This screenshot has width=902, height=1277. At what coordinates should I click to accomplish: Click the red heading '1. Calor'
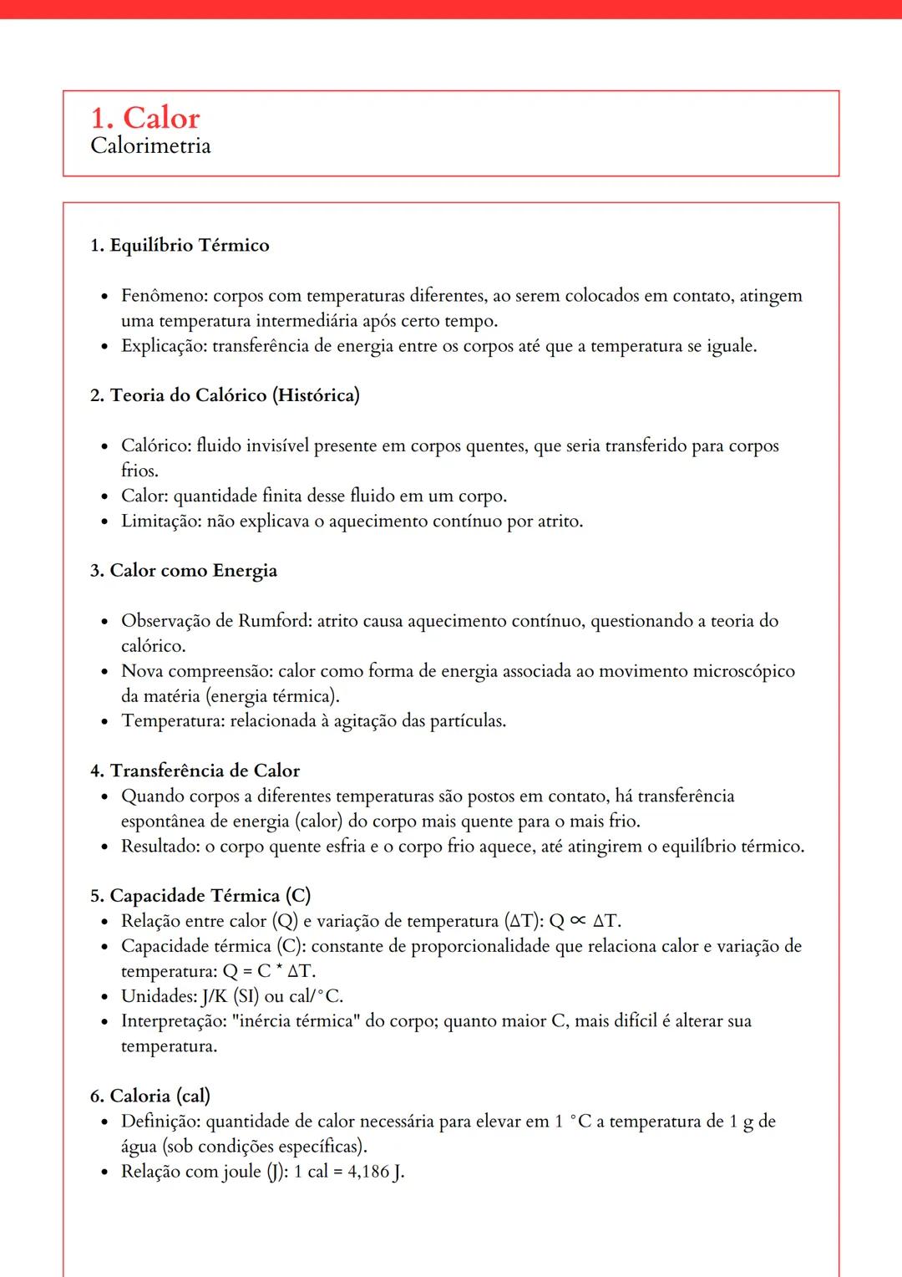coord(145,118)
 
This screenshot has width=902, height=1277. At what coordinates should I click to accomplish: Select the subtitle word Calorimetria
coord(150,145)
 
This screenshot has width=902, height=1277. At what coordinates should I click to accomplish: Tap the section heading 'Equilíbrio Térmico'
coord(190,245)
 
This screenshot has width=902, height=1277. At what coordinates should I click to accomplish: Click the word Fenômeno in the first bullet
coord(164,296)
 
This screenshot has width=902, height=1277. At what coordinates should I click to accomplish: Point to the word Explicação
coord(163,346)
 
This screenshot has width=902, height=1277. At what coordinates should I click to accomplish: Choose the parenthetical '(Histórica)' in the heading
coord(316,395)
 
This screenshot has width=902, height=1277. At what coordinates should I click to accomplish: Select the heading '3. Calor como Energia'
coord(184,571)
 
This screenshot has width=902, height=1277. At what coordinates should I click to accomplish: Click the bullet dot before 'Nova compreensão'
coord(104,672)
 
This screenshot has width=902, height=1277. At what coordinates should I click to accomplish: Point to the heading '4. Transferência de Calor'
coord(195,771)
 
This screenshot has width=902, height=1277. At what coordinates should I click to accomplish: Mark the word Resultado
coord(160,847)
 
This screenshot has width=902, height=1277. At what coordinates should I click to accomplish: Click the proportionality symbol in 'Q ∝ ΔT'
coord(578,921)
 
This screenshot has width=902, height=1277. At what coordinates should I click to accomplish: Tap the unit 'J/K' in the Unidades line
coord(214,996)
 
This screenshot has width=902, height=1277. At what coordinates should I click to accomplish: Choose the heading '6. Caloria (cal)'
coord(150,1096)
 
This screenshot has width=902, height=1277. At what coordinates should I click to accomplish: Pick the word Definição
coord(160,1122)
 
